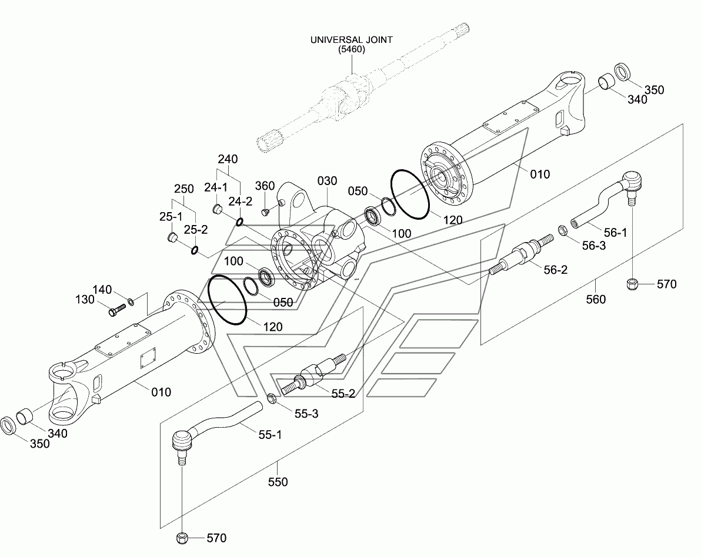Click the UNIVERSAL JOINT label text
[352, 40]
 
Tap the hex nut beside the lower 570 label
[182, 538]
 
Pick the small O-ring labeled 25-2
[195, 250]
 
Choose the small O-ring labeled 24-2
[239, 222]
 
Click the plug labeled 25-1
[172, 237]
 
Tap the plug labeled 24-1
[217, 209]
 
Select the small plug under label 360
[264, 210]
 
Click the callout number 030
[327, 181]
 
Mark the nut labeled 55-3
[271, 398]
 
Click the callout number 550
[278, 482]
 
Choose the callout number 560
[596, 299]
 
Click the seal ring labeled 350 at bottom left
[8, 425]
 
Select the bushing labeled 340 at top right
[607, 81]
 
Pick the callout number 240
[228, 159]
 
